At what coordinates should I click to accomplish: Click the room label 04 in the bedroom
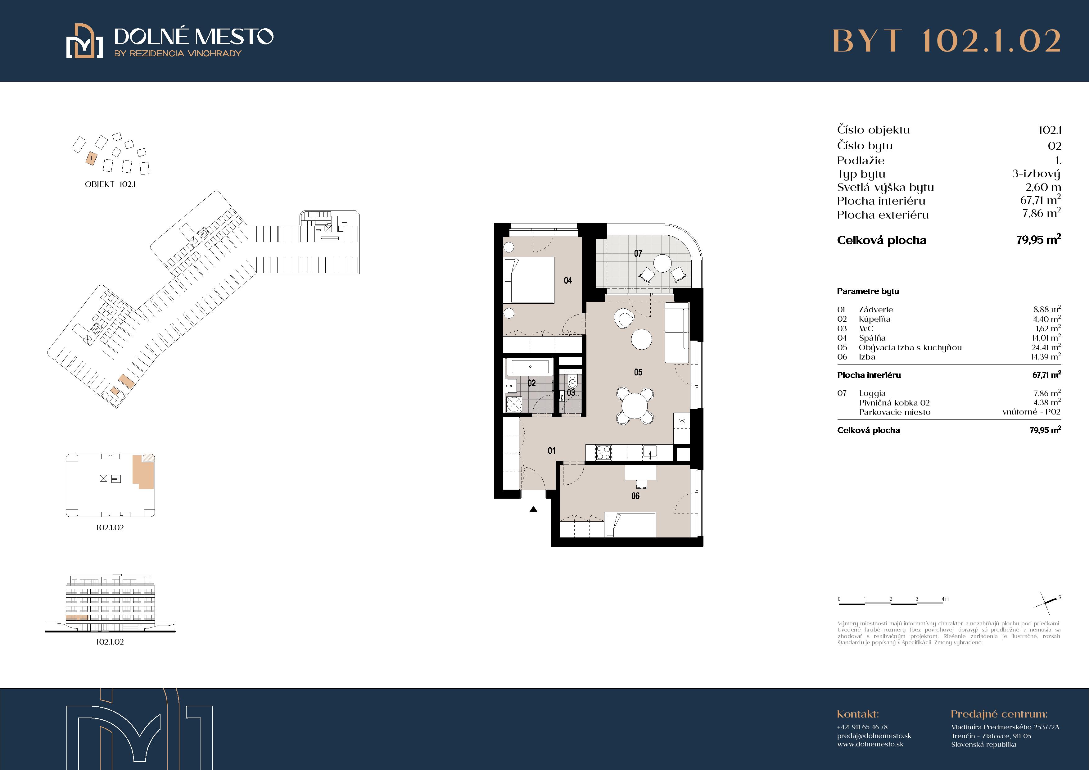pos(568,280)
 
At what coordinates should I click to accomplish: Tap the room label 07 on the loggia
pos(638,254)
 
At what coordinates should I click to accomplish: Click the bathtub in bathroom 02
pos(530,366)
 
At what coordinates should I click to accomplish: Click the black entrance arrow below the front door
pos(534,510)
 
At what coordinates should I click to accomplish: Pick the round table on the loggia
pos(662,263)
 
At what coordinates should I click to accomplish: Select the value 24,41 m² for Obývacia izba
pos(1046,347)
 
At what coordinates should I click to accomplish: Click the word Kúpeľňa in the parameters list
pos(874,319)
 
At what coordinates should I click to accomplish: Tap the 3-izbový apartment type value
pos(1036,174)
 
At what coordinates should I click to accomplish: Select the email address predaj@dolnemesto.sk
pos(874,736)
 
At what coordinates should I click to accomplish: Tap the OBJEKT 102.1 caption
pos(110,184)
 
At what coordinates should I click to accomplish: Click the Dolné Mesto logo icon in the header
pos(84,41)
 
